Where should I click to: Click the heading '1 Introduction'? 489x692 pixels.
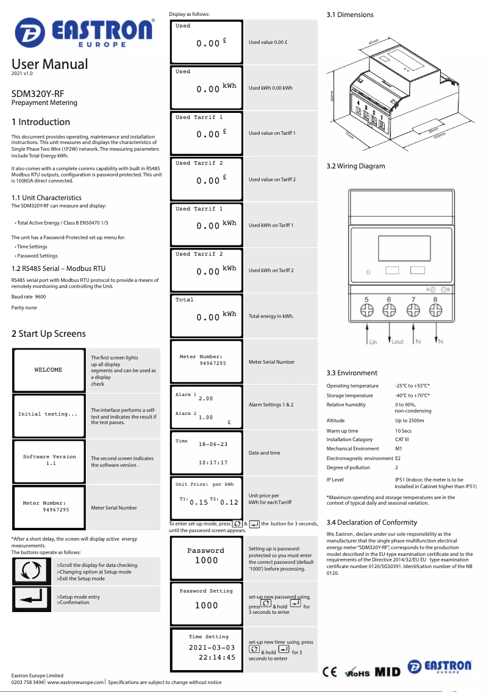coord(41,122)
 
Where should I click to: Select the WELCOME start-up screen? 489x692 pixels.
coord(48,370)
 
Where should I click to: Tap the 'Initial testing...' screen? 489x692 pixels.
coord(48,414)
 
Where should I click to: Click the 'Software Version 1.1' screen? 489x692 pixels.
coord(49,460)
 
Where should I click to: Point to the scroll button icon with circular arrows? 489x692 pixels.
coord(31,570)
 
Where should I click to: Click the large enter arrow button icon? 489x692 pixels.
coord(31,598)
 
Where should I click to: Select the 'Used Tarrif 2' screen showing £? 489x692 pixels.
coord(206,179)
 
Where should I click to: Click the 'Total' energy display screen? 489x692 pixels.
coord(206,315)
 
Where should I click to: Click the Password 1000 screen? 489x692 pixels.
coord(206,555)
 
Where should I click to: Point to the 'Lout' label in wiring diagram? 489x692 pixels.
coord(398,342)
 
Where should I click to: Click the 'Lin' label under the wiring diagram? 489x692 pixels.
coord(373,342)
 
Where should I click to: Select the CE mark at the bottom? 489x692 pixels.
coord(330,672)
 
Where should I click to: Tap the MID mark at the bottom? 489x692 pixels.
coord(388,672)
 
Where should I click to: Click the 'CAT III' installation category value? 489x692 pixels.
coord(402,439)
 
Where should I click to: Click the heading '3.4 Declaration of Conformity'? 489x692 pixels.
coord(372,522)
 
